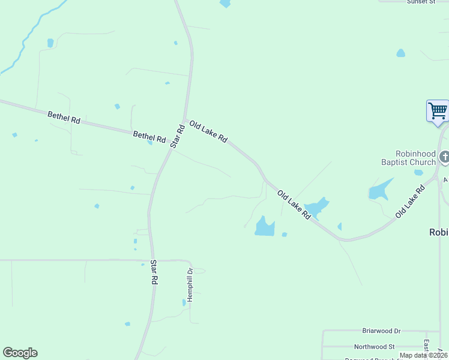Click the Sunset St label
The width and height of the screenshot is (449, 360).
click(421, 2)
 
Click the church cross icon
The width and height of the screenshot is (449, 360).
click(444, 157)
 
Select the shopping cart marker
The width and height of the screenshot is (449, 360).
click(438, 111)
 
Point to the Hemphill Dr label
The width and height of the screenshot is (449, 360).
click(189, 284)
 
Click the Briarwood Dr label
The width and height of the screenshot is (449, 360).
click(381, 331)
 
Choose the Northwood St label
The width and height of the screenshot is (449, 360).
click(374, 346)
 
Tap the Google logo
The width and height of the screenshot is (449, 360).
click(20, 353)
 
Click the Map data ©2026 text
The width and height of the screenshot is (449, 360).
click(423, 355)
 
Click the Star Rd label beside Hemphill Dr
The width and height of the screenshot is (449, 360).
click(154, 272)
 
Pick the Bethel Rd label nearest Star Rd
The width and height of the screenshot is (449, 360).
click(149, 137)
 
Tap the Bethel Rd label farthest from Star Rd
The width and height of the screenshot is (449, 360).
click(64, 116)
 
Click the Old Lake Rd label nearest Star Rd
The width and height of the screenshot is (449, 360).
click(208, 131)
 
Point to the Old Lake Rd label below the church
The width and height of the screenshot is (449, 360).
click(410, 202)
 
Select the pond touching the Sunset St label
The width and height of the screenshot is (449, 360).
click(400, 53)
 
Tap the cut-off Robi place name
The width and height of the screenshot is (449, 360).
click(439, 232)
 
